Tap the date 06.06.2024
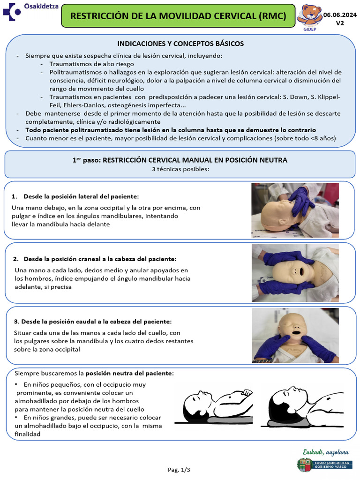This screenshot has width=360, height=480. tap(340, 15)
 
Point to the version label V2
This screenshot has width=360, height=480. tap(340, 23)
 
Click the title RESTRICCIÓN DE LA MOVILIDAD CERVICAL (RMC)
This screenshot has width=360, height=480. tap(178, 16)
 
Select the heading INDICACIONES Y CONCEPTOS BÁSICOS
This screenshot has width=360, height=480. tap(180, 44)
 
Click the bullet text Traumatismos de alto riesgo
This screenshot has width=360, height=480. tap(91, 64)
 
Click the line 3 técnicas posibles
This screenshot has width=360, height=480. tap(180, 169)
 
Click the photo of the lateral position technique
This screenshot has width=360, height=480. tap(295, 210)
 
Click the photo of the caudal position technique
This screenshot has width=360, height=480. tap(295, 335)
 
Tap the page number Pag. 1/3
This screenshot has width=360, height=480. tap(179, 469)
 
